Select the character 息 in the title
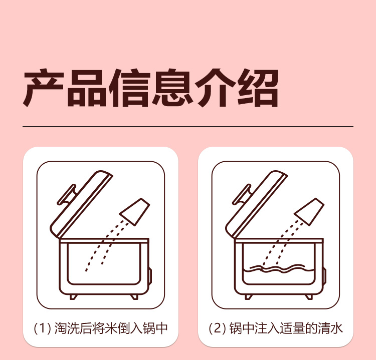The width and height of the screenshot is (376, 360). point(171,88)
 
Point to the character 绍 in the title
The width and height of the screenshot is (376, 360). point(258,88)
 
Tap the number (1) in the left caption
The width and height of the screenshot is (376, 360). point(43,328)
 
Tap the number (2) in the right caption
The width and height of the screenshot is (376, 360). point(218,328)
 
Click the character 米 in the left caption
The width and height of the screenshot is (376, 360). point(111,328)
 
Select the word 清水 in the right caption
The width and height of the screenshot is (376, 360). point(330,328)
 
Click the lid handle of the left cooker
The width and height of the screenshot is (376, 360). point(66,195)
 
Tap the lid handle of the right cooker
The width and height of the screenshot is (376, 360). point(241,195)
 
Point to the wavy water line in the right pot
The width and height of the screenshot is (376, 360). point(278,268)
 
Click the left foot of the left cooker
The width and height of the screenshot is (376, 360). point(73,297)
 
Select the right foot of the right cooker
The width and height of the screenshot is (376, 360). point(309,297)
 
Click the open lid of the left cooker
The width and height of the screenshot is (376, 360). point(82,204)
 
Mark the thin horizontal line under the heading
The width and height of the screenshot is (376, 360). point(188,126)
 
